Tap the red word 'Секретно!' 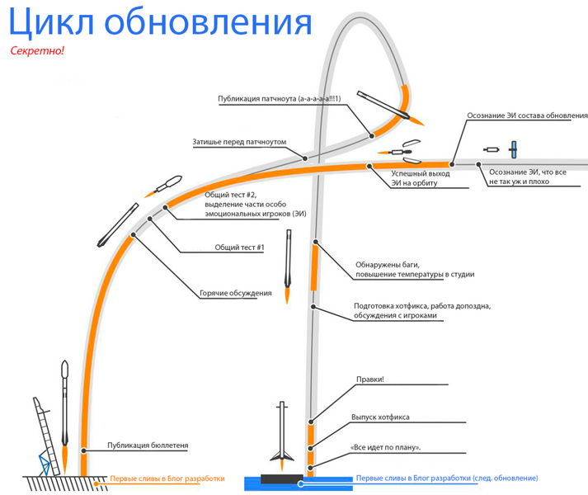tap(37, 51)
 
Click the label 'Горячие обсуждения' tap(235, 293)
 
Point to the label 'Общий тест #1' tap(238, 247)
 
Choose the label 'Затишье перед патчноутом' tap(239, 142)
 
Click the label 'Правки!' tap(370, 380)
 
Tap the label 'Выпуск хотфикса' tap(380, 417)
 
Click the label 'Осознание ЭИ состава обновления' tap(527, 115)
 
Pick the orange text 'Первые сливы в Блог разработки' tap(167, 478)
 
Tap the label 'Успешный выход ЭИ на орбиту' tap(420, 178)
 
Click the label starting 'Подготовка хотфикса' tap(421, 311)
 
